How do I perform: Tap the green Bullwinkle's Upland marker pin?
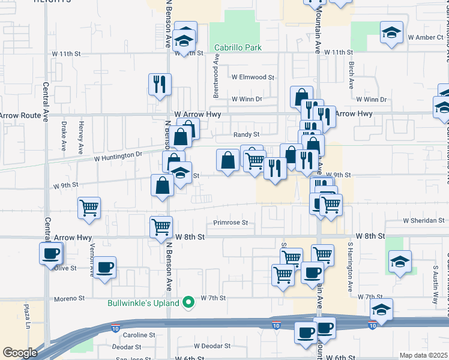pyautogui.click(x=188, y=302)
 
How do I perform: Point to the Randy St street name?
pyautogui.click(x=246, y=135)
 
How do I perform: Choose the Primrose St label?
pyautogui.click(x=231, y=223)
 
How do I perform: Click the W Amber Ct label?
pyautogui.click(x=425, y=37)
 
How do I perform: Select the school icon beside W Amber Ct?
pyautogui.click(x=391, y=31)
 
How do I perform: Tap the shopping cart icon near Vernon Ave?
pyautogui.click(x=89, y=208)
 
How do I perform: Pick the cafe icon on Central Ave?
pyautogui.click(x=51, y=253)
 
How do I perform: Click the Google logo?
pyautogui.click(x=20, y=353)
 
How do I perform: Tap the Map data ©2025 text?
pyautogui.click(x=423, y=355)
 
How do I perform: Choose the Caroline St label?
pyautogui.click(x=139, y=335)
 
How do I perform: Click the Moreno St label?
pyautogui.click(x=71, y=298)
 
